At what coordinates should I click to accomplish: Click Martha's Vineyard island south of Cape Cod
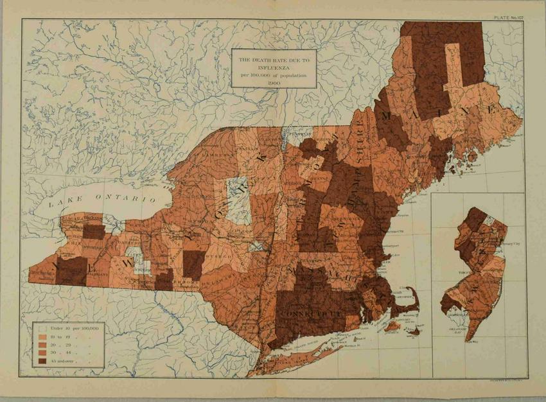[392, 327]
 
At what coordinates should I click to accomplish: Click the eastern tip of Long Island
[380, 321]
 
